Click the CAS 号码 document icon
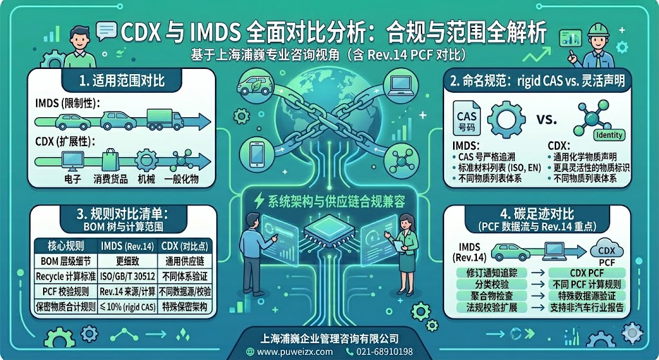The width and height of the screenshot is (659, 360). point(467,118)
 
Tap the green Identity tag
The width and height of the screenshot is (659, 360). point(609,135)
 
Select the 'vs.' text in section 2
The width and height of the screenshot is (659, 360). point(546,119)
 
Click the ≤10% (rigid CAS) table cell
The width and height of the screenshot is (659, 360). point(127,307)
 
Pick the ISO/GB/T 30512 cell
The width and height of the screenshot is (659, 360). point(127,276)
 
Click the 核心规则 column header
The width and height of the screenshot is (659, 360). point(66,246)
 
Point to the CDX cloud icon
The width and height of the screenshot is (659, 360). point(606,251)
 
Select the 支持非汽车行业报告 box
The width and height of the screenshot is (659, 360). point(587,307)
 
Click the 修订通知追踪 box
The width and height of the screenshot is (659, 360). point(492,272)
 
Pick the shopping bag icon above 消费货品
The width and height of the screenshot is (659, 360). point(111,160)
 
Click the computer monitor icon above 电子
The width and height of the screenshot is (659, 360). point(73,160)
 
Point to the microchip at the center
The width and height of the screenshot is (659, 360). point(329,230)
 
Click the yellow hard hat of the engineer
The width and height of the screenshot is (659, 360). point(598,30)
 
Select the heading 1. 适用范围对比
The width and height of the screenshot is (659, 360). point(122,81)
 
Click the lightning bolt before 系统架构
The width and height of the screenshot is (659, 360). point(259,201)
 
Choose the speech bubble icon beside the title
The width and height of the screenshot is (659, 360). point(106,31)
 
